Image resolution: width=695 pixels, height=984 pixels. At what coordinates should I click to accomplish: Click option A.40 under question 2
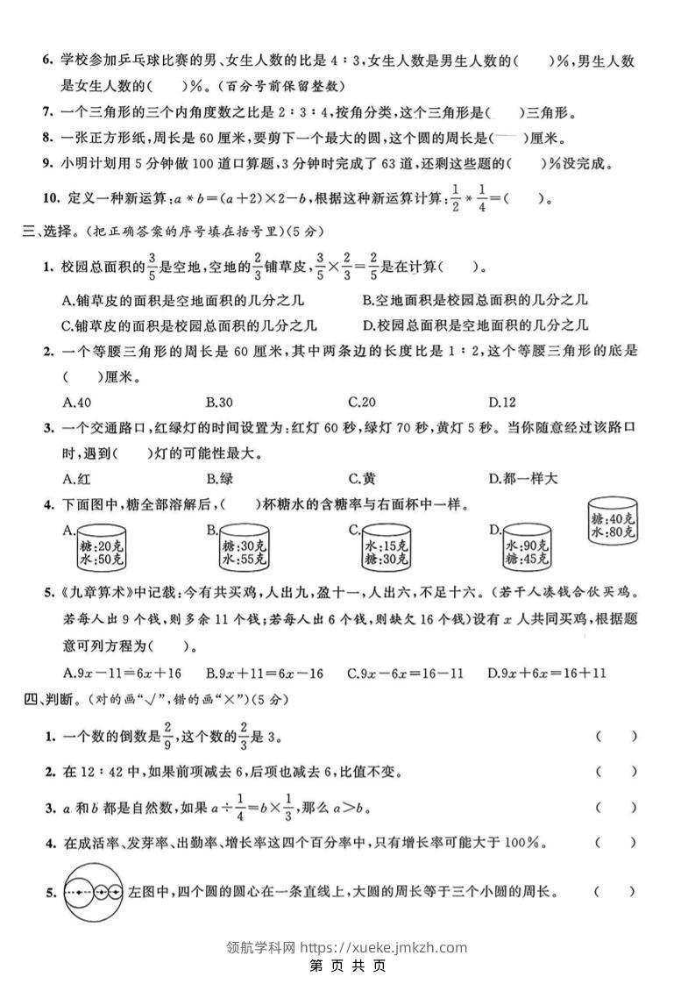click(x=78, y=403)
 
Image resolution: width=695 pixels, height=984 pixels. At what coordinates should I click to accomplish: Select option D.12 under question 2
click(x=502, y=403)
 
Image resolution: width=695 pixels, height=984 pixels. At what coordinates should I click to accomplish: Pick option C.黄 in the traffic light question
click(x=362, y=479)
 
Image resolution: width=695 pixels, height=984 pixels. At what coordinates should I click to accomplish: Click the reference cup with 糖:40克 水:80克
click(x=613, y=523)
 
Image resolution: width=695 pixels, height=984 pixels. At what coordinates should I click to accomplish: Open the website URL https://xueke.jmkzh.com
click(x=384, y=947)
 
